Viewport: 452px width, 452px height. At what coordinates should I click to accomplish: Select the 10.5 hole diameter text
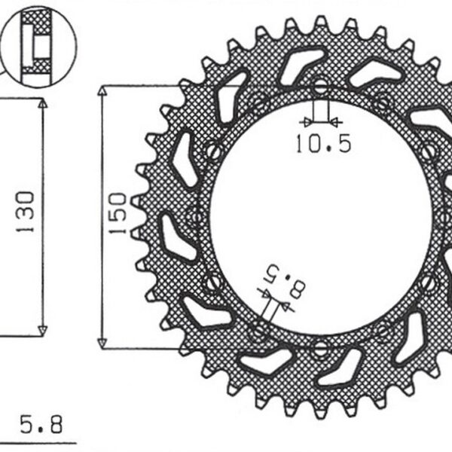[x=322, y=144]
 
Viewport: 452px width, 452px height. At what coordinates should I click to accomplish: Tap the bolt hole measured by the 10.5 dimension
[x=320, y=85]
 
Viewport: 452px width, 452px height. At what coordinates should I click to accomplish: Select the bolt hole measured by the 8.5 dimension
[x=260, y=328]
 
